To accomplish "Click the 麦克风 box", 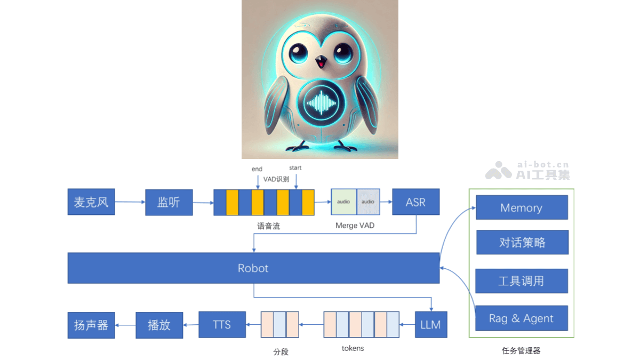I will [x=91, y=202].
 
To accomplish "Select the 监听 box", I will [x=169, y=202].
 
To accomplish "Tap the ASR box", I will [x=415, y=202].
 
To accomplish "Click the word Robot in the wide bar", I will [x=253, y=268].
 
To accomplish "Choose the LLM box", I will [x=430, y=324].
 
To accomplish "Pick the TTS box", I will [x=222, y=324].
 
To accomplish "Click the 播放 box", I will [x=159, y=325].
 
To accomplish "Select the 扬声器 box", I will [x=91, y=325].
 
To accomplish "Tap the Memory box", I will [x=521, y=208].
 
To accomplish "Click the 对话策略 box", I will [x=522, y=243].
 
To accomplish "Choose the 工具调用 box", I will [x=521, y=281].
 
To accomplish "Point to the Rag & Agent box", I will [x=521, y=318].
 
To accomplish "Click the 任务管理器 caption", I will [x=521, y=350].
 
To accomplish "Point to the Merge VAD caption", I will [x=355, y=226].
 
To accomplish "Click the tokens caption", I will [x=353, y=348].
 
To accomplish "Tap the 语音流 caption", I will [x=268, y=226].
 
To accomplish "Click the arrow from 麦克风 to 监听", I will [x=130, y=202].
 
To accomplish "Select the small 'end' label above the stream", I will [x=257, y=169].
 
